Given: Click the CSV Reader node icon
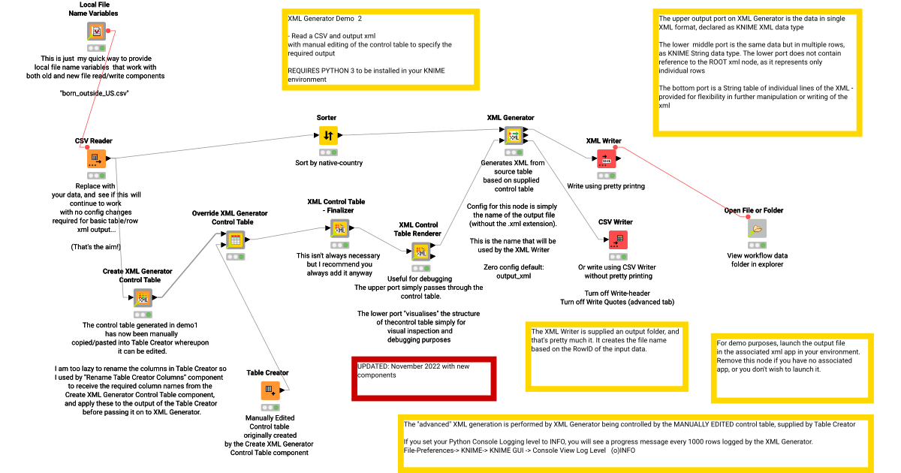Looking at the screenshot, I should point(96,158).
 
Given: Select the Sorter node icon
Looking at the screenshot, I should point(328,135).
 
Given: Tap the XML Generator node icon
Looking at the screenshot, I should point(513,135).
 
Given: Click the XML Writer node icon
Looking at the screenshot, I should point(606,158).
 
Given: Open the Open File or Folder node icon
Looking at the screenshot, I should point(757,229).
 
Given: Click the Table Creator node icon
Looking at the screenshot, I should point(270,390).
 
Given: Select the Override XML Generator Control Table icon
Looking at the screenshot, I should point(234,240).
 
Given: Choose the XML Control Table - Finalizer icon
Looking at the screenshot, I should point(339,228).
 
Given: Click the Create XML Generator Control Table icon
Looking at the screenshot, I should point(143,298).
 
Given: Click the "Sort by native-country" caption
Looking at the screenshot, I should point(327,162).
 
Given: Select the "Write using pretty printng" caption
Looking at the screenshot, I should point(606,185).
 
